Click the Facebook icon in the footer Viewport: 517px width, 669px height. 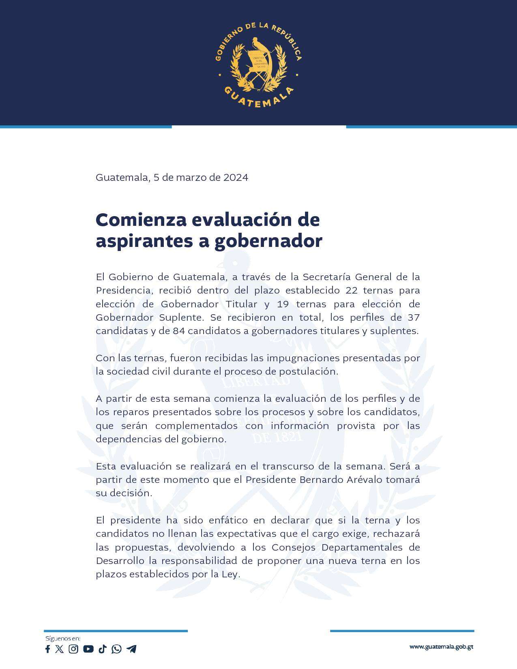(x=47, y=649)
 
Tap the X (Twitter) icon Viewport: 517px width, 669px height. (x=60, y=649)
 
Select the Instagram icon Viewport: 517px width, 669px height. (x=73, y=649)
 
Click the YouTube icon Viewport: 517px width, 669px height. (x=88, y=649)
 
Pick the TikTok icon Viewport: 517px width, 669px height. (x=102, y=649)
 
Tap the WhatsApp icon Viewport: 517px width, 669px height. (x=116, y=649)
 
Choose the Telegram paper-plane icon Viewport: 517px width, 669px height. (x=131, y=649)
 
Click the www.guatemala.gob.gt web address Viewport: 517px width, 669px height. (x=441, y=647)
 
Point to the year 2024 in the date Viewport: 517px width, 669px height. (x=236, y=178)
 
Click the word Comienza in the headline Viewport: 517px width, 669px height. (x=140, y=220)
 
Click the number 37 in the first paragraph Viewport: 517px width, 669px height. (x=413, y=317)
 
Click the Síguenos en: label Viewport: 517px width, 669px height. (x=63, y=639)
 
